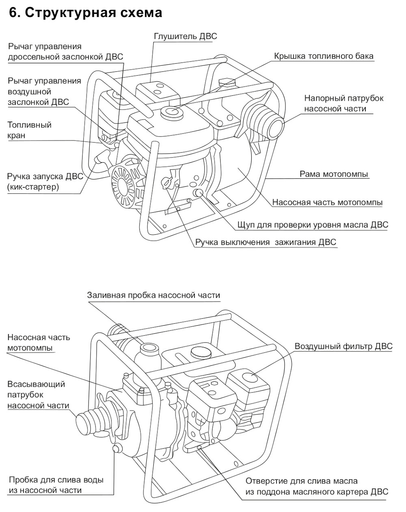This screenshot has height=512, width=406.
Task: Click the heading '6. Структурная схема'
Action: click(x=85, y=13)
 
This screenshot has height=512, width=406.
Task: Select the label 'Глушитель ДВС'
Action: click(x=185, y=36)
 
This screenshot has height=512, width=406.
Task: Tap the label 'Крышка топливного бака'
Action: click(x=323, y=56)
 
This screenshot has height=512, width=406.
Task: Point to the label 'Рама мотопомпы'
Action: click(x=334, y=174)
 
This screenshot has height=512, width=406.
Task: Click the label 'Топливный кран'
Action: click(x=29, y=130)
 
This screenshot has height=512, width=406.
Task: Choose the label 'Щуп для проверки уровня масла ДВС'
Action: click(x=312, y=225)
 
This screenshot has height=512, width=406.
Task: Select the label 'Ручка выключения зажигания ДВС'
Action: click(x=266, y=242)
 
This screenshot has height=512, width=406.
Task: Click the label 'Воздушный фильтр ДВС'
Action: click(x=343, y=346)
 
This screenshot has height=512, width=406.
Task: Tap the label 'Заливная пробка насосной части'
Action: click(x=153, y=295)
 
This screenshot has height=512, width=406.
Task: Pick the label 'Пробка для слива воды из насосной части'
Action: click(x=56, y=485)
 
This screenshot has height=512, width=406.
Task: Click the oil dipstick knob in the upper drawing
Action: click(x=199, y=193)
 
